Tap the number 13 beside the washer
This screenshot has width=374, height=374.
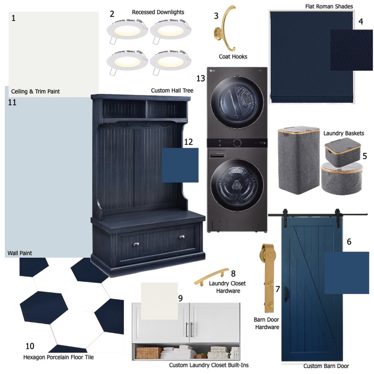201,78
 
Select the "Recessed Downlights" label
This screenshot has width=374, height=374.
158,12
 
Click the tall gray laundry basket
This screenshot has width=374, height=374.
299,160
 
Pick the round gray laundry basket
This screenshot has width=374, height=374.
342,178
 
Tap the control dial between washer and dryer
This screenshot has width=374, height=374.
237,143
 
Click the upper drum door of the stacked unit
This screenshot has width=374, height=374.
237,102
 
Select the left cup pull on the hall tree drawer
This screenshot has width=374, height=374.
136,244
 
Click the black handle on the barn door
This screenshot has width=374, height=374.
286,294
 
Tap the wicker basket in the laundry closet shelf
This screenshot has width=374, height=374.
149,353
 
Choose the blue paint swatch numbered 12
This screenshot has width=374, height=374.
180,165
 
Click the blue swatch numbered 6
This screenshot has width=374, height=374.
346,273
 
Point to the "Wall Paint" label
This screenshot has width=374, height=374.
20,253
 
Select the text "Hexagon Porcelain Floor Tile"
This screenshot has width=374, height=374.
58,357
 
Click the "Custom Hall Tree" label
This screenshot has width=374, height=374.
172,91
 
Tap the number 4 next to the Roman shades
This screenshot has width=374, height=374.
360,22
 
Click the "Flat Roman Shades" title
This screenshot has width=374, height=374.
329,7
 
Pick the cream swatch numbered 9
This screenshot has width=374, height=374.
159,301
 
